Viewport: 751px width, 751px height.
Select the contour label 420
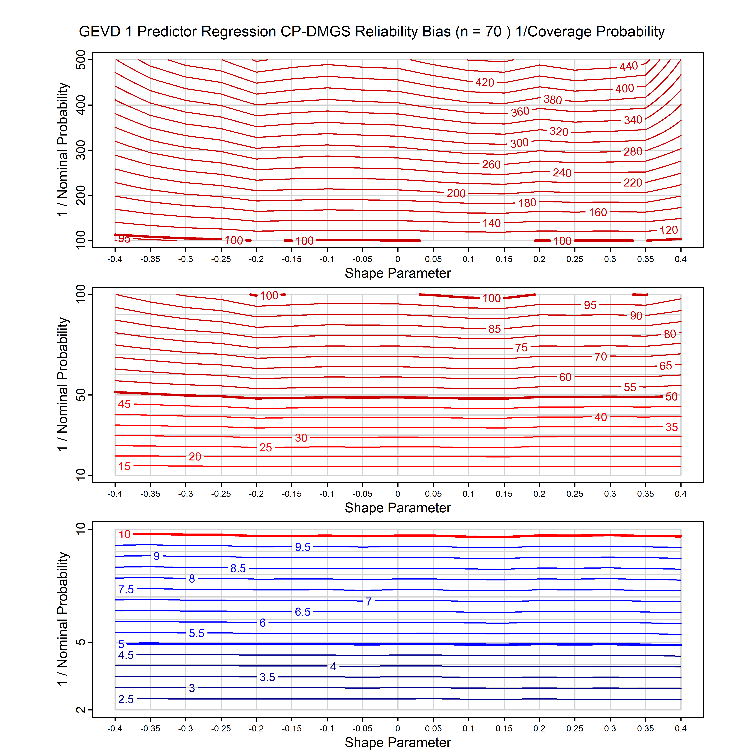pyautogui.click(x=485, y=82)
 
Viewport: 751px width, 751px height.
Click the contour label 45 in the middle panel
pyautogui.click(x=124, y=404)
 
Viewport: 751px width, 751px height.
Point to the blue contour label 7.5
pyautogui.click(x=126, y=590)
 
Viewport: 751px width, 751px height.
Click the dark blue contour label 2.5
pyautogui.click(x=126, y=699)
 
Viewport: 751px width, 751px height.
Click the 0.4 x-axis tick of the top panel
pyautogui.click(x=681, y=259)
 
